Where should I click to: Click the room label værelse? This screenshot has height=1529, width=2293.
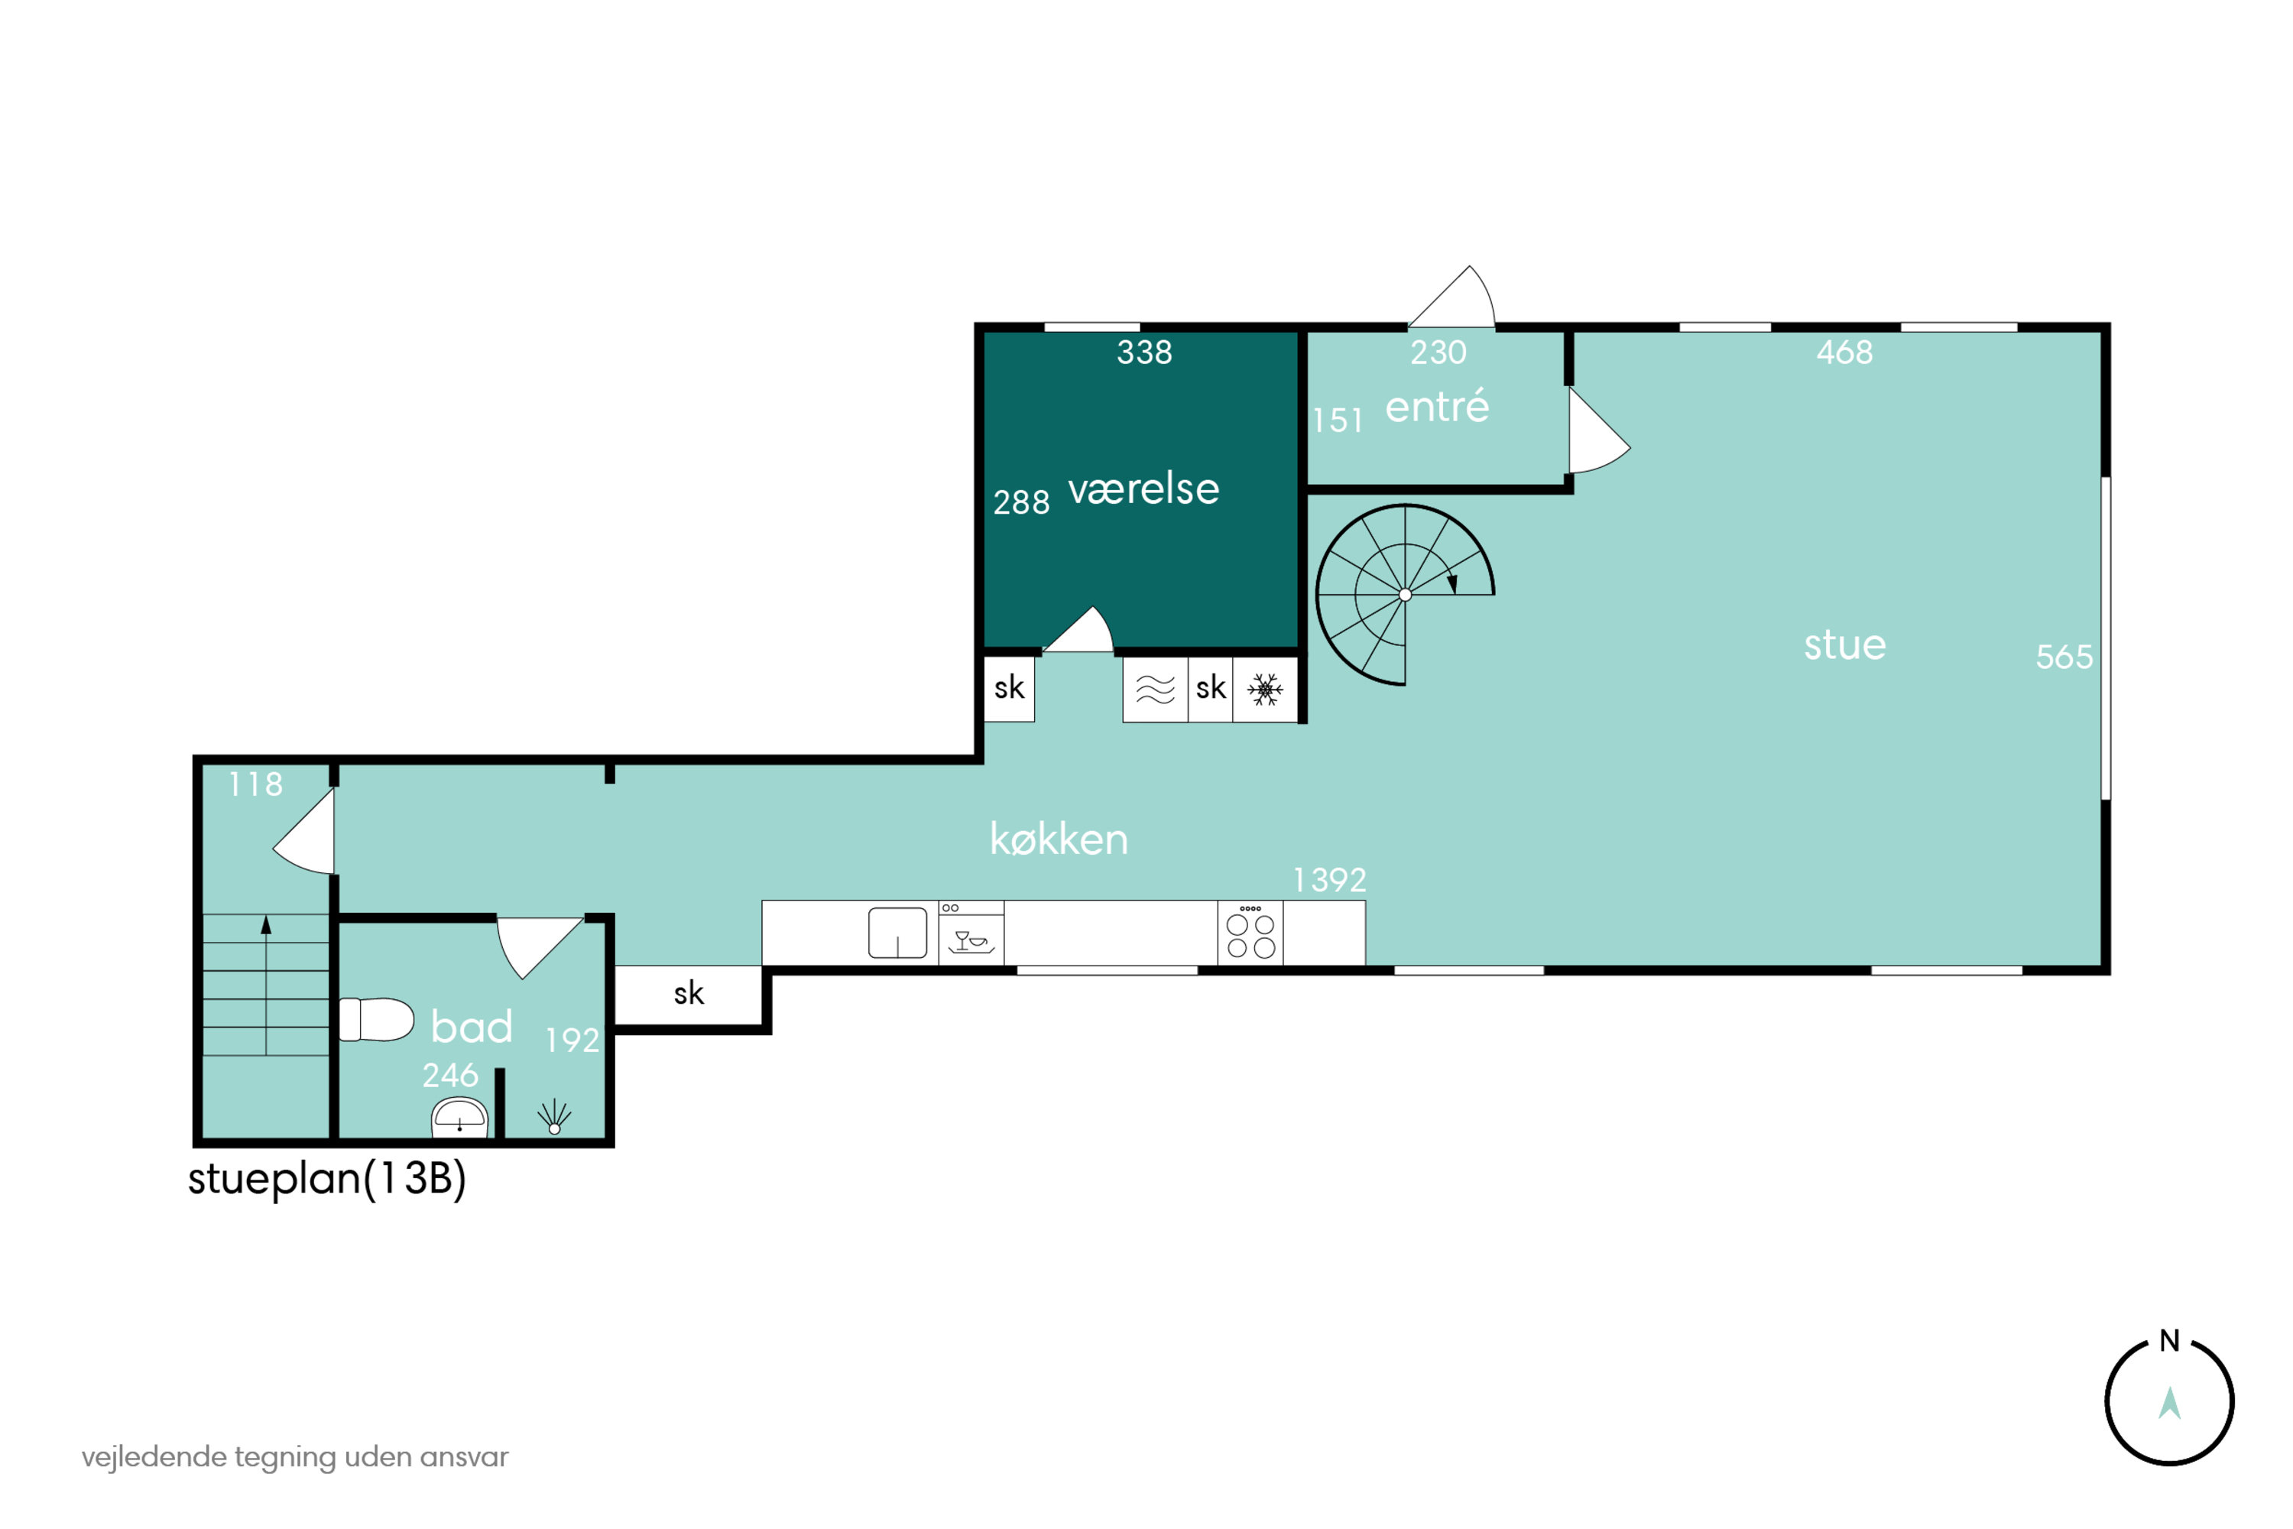(1143, 489)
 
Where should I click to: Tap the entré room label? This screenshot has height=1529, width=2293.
(1437, 406)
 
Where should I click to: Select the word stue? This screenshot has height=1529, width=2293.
(1844, 644)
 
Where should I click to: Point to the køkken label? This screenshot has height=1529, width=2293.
(1059, 839)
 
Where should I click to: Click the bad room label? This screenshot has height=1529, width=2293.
(472, 1027)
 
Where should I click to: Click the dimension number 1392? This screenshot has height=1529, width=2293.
(1330, 881)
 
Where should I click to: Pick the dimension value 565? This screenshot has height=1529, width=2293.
(2064, 657)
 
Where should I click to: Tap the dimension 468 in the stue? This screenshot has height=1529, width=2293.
(1844, 352)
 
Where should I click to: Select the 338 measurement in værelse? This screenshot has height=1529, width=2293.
(1144, 352)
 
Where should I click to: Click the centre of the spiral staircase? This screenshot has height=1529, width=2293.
(1405, 594)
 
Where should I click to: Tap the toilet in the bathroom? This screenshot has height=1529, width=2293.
(376, 1020)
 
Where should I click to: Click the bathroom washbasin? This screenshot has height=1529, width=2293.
(459, 1118)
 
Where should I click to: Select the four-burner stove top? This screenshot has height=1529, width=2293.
(1250, 933)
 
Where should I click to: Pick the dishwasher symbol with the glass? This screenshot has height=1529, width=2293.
(971, 933)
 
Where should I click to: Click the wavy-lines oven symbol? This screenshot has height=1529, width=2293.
(1155, 690)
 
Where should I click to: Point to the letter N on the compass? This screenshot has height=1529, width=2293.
(2169, 1341)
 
